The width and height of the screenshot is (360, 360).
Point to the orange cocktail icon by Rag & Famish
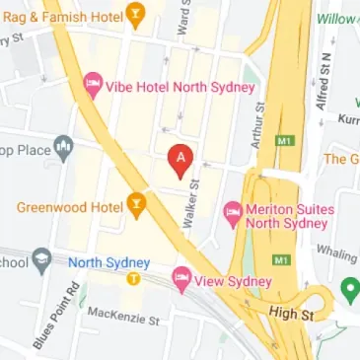point(135,15)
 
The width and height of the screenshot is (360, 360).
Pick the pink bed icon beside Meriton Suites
point(233,210)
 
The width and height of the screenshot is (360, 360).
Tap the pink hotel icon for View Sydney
point(181,281)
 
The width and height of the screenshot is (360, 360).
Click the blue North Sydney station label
point(108,262)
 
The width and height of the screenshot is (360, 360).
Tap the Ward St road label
point(181,17)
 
